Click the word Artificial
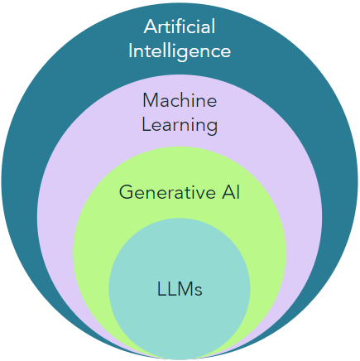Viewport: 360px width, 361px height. click(x=180, y=26)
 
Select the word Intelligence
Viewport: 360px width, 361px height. click(x=180, y=51)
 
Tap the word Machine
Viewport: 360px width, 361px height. click(x=180, y=100)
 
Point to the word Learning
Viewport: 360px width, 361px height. click(x=180, y=126)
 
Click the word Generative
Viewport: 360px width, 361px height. click(x=167, y=192)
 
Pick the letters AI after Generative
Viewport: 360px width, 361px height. click(x=231, y=192)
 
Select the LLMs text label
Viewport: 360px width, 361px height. click(x=180, y=289)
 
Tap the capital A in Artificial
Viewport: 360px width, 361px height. click(x=151, y=26)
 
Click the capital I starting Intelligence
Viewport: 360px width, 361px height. click(x=131, y=51)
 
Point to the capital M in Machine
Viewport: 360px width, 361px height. click(x=151, y=100)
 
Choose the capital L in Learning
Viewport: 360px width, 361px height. click(x=146, y=124)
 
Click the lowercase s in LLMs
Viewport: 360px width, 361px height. click(x=199, y=291)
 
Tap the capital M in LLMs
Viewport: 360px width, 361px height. click(x=185, y=289)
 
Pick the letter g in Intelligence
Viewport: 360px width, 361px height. click(x=180, y=54)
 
